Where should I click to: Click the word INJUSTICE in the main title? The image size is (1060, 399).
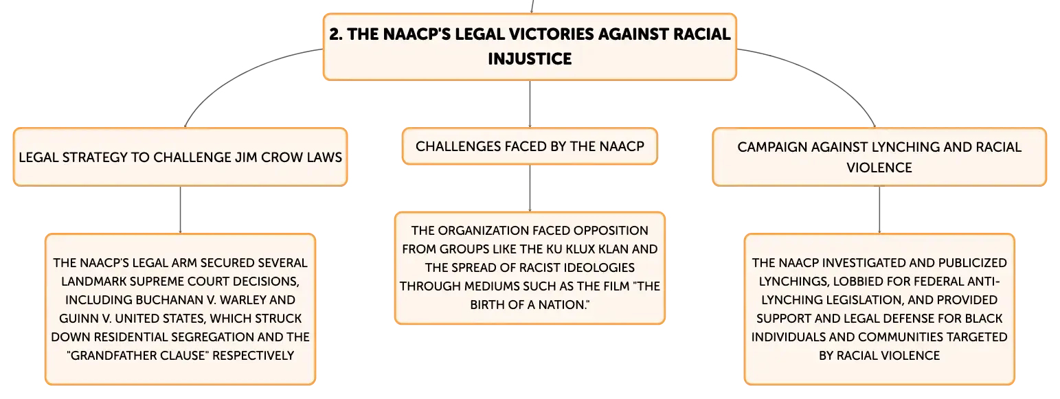pos(530,58)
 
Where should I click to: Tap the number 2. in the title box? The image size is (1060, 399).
pos(335,34)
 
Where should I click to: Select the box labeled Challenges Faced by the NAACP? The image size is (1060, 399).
pos(530,146)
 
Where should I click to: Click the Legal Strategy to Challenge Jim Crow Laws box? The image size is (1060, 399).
pos(180,157)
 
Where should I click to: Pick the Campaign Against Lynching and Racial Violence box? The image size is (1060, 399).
pos(879,157)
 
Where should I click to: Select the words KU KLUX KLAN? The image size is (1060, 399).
pos(588,249)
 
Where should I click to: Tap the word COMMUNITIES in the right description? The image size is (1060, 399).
pos(900,337)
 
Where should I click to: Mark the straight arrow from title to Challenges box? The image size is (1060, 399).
pos(530,104)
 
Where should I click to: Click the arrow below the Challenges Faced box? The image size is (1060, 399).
pos(530,188)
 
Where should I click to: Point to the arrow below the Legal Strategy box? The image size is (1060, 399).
pos(180,209)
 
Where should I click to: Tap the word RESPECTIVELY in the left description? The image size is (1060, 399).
pos(253,356)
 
